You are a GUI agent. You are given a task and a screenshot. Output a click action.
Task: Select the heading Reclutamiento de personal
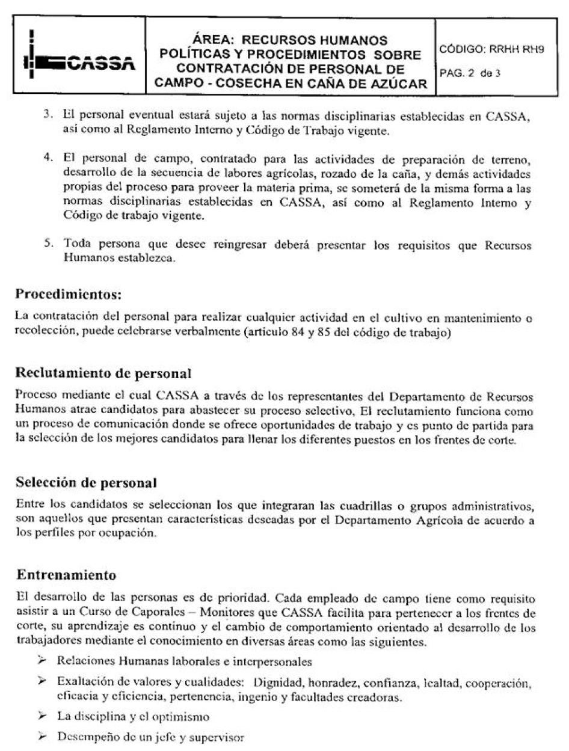[103, 373]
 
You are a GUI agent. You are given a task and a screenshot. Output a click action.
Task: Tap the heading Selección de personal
[86, 482]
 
